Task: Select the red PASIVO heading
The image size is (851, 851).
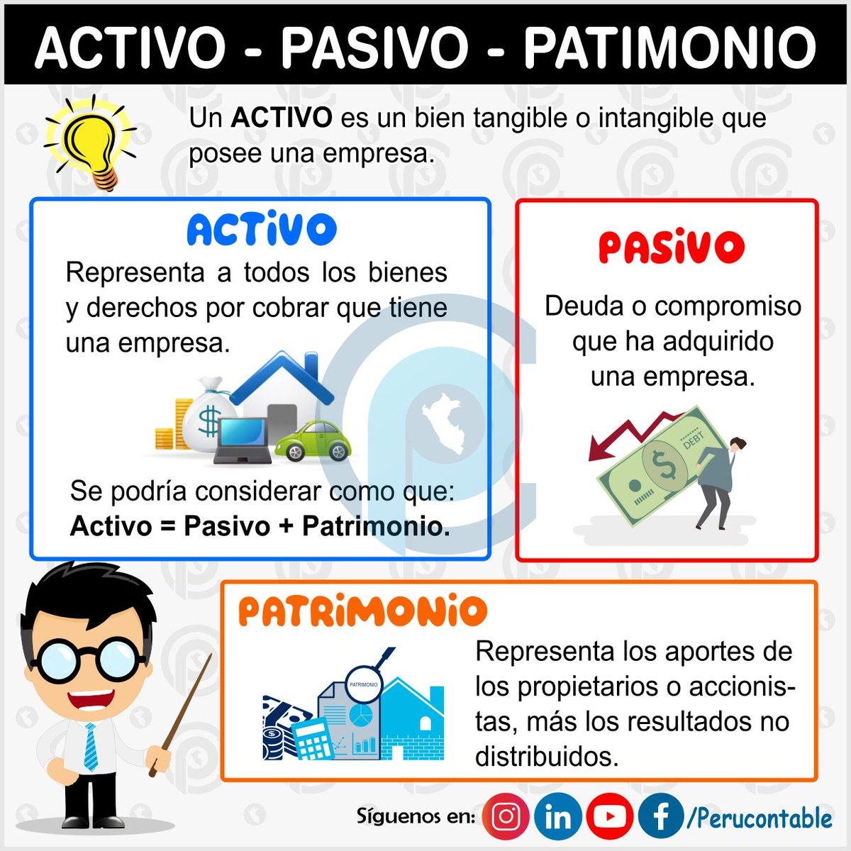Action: [x=671, y=246]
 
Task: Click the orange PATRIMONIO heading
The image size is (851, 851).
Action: [x=362, y=611]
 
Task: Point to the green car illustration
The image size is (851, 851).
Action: [x=313, y=441]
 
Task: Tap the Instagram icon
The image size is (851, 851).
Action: [x=506, y=817]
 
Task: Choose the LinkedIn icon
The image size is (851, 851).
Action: [x=558, y=817]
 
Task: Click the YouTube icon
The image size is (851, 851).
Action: [x=610, y=817]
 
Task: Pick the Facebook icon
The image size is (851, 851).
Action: [x=661, y=817]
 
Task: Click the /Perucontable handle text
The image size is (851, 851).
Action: [x=759, y=818]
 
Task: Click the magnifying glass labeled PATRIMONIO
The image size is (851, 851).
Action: [x=366, y=682]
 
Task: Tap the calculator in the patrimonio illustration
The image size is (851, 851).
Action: [x=312, y=738]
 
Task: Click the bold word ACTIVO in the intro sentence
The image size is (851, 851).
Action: [x=282, y=118]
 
